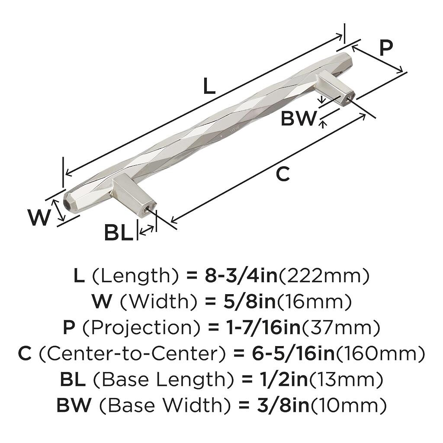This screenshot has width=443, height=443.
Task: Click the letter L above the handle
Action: [209, 86]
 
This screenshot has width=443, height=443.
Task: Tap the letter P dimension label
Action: [386, 48]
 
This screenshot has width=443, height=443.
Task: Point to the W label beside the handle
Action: [39, 217]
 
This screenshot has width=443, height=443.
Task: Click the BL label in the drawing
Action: [119, 232]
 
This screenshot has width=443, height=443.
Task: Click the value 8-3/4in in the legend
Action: [241, 276]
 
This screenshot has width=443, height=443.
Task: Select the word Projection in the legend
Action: [141, 327]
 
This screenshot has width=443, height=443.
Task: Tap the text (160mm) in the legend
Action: [380, 354]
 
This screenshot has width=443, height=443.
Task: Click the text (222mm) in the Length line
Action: [324, 276]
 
